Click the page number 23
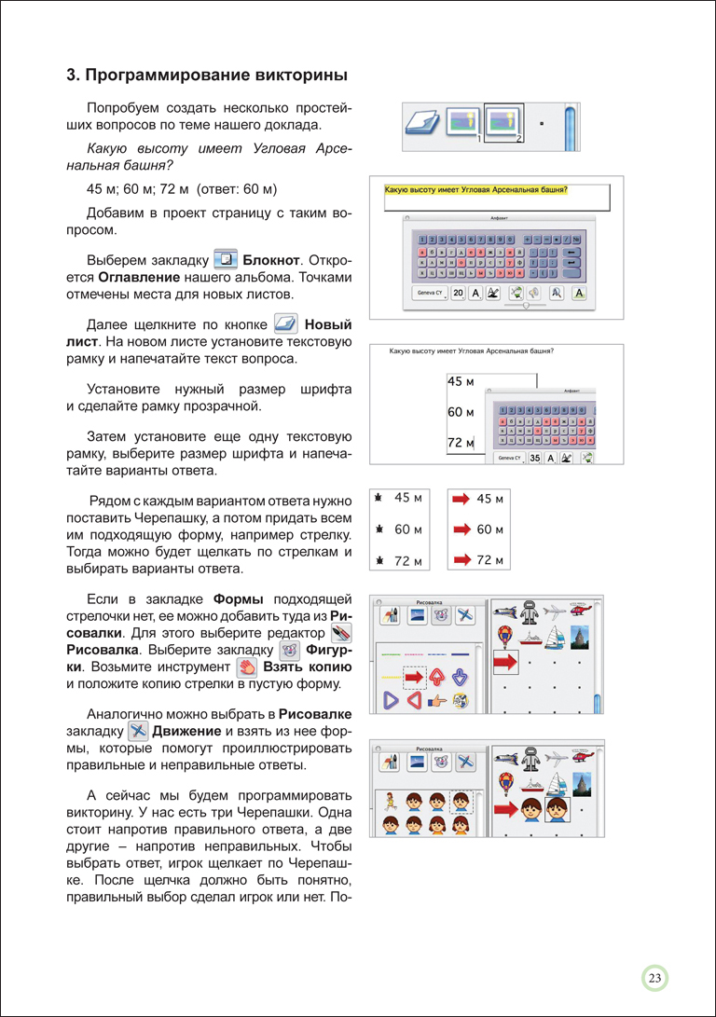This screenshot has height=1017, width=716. [x=654, y=978]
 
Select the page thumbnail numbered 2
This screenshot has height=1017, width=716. [x=504, y=122]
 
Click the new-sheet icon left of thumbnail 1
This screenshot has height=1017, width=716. [x=424, y=123]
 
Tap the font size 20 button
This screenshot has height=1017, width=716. [x=458, y=294]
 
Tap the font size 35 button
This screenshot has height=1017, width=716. [x=535, y=458]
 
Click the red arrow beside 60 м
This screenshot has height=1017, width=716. [x=461, y=529]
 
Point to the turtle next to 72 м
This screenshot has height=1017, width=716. [x=379, y=561]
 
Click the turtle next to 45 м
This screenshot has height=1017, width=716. [x=379, y=499]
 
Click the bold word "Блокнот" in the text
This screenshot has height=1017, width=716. [x=271, y=258]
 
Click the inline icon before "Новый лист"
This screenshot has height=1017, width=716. [x=285, y=325]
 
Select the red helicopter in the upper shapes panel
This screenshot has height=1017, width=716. [x=580, y=612]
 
